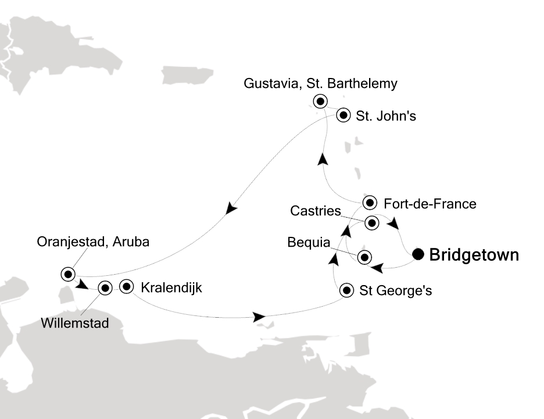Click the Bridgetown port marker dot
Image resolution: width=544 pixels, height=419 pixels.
point(418,254)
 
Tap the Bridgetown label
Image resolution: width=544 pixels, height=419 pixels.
point(474,255)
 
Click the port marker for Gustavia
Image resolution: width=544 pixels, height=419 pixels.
point(320,101)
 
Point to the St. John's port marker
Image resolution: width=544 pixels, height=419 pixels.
point(343,115)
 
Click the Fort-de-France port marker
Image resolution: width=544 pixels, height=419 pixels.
point(370,203)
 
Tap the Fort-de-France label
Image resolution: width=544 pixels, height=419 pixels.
point(430,204)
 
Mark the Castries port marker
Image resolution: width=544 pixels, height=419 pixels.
point(373,222)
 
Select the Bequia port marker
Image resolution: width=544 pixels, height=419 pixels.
point(364,257)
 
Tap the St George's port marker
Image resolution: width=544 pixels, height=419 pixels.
point(347,290)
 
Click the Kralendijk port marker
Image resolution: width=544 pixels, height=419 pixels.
point(127,286)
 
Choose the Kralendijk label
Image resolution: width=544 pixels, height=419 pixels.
point(171,287)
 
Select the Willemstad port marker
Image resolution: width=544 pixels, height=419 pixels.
point(105,287)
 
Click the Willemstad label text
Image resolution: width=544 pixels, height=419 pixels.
point(75,323)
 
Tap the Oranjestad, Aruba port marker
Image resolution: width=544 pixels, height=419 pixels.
point(68,274)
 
